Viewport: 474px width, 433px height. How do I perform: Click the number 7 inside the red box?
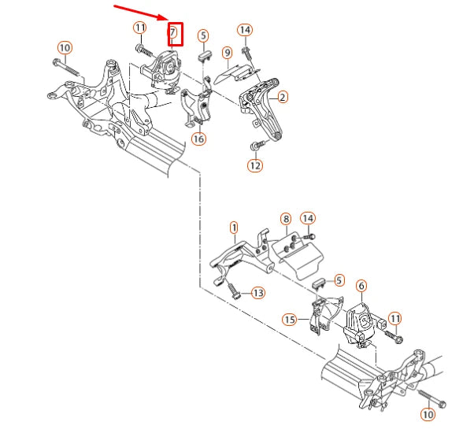(x=173, y=33)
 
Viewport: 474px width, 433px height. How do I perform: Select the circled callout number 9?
(x=226, y=54)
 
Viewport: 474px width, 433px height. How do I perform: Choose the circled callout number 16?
(x=198, y=139)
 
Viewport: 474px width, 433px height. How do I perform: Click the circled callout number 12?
(x=254, y=165)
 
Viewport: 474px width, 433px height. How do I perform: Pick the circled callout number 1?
(x=233, y=228)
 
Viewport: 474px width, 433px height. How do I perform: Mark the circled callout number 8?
(x=285, y=218)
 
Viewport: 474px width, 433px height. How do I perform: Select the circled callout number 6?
(x=361, y=286)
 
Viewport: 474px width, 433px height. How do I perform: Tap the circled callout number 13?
(x=257, y=292)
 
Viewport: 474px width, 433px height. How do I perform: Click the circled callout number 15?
(x=290, y=320)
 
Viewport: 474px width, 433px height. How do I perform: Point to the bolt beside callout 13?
(x=234, y=291)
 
